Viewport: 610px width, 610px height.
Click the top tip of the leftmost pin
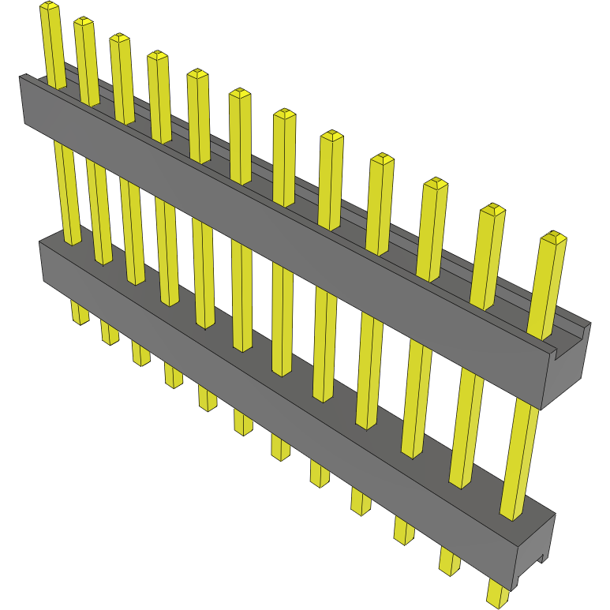[49, 7]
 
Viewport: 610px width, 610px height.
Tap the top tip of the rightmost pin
[553, 237]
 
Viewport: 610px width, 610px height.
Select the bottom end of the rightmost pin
[496, 598]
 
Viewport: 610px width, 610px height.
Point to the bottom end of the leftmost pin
[80, 317]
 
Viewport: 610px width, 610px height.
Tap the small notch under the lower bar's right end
[541, 559]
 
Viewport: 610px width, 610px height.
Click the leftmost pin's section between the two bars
[66, 189]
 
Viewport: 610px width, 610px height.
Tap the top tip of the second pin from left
[84, 23]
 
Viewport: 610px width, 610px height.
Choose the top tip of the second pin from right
[492, 209]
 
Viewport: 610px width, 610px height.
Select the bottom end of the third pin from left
[140, 359]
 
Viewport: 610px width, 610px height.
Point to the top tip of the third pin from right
[435, 184]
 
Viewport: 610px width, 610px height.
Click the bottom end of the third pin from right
[404, 537]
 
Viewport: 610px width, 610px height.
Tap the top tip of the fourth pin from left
[157, 56]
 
